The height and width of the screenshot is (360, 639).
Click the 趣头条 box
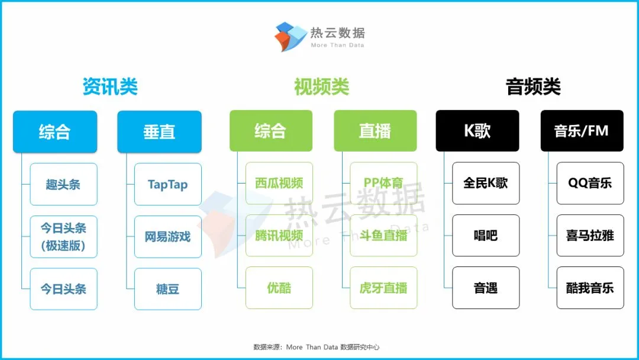coord(63,184)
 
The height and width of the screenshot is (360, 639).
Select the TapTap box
coord(168,184)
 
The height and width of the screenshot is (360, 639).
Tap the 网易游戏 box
coord(168,237)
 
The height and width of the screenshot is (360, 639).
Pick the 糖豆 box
coord(168,289)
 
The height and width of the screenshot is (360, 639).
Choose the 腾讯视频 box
coord(279,236)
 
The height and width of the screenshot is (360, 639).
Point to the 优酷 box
coord(279,288)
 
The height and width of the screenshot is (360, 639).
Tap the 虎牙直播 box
coord(383,288)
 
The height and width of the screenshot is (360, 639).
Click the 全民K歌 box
coord(486,183)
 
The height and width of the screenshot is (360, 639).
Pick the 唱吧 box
coord(486,236)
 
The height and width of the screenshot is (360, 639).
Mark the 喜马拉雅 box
coord(590,236)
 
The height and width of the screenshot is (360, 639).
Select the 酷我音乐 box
coord(590,288)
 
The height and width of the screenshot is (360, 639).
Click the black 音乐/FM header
coord(582,131)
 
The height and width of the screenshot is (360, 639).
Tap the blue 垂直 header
coord(159,131)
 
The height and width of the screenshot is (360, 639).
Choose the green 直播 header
coord(375,131)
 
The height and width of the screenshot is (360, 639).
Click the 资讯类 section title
coord(110,87)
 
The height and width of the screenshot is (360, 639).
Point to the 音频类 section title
coord(533,87)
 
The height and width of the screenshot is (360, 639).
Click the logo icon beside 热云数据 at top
coord(291,36)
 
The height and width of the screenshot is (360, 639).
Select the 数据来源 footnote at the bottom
coord(316,347)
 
